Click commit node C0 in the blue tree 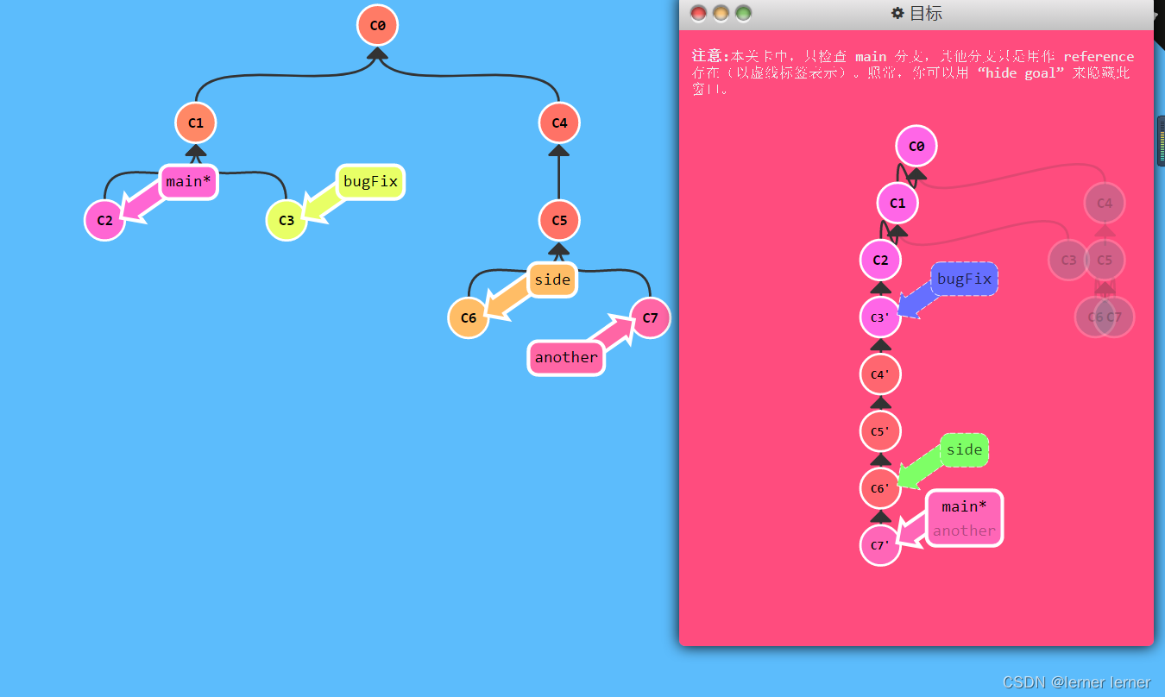pos(377,25)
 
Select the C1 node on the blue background pos(196,122)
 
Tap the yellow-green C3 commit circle pos(287,220)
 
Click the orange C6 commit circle pos(469,317)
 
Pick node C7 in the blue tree pos(650,317)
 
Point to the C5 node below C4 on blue pos(559,220)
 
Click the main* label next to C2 pos(188,181)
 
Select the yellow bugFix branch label pos(370,181)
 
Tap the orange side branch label pos(551,279)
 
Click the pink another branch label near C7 pos(566,357)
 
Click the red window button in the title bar pos(698,13)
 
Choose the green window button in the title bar pos(743,13)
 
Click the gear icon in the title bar pos(897,13)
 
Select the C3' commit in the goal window pos(880,317)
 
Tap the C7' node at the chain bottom pos(880,545)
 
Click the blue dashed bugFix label pos(964,279)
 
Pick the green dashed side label pos(964,449)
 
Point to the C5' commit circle pos(880,430)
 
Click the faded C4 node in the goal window pos(1105,204)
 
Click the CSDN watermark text pos(1076,682)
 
